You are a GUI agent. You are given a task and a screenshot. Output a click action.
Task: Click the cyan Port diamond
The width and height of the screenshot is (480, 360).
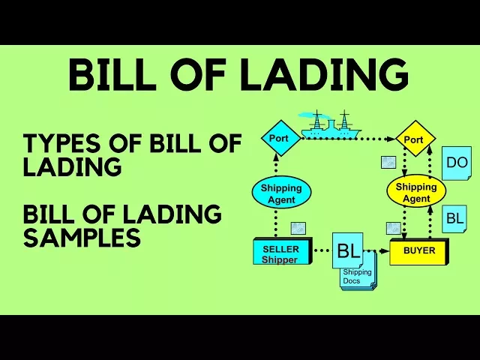click(280, 138)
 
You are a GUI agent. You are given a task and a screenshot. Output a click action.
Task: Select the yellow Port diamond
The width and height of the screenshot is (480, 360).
click(413, 139)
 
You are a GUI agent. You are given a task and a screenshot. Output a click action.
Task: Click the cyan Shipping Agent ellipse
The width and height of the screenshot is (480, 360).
click(280, 193)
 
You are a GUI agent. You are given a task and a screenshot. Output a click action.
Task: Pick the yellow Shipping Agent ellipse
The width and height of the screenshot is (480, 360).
click(415, 193)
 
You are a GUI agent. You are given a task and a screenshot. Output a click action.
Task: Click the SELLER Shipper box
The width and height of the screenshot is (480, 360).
click(280, 253)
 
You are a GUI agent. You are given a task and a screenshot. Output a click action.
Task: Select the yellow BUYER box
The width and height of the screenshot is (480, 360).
click(418, 250)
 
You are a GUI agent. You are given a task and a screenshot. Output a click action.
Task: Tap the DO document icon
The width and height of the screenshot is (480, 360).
click(456, 163)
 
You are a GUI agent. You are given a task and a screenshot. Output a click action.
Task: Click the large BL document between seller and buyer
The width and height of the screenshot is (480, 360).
click(348, 250)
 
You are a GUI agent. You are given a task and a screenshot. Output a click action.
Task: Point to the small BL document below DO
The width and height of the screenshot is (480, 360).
click(454, 219)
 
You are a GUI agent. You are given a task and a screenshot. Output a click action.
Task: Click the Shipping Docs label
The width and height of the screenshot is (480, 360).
click(358, 277)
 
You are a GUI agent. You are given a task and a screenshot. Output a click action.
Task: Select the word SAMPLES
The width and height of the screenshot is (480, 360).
click(82, 238)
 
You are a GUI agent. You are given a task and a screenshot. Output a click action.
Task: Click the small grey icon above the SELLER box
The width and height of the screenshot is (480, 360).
click(298, 228)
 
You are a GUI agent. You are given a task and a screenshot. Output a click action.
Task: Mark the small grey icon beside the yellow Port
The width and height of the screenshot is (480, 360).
click(388, 162)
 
